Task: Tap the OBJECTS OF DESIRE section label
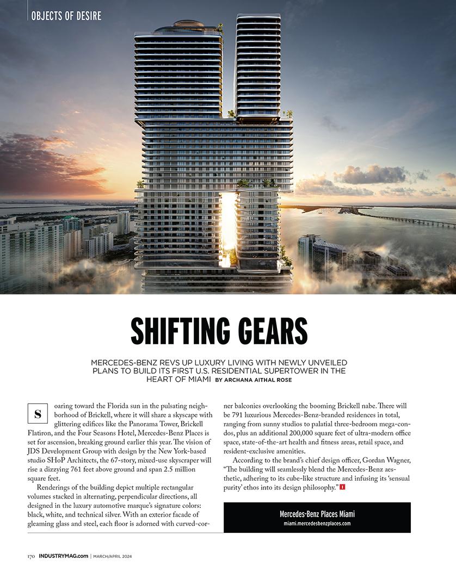(66, 16)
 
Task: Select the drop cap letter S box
(37, 413)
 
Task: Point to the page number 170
(32, 556)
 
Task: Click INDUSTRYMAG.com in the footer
(64, 556)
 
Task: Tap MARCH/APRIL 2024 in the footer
(113, 556)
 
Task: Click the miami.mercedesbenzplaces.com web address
(317, 524)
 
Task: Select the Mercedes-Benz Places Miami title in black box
(317, 514)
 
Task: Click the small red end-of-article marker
(342, 487)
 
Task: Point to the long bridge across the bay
(403, 217)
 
